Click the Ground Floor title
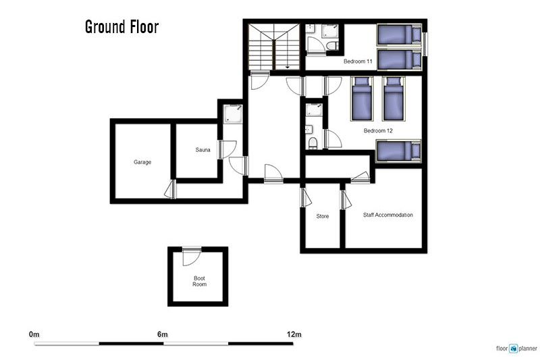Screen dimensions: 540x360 (122, 27)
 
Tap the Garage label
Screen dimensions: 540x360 (142, 162)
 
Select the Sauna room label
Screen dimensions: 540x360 (202, 150)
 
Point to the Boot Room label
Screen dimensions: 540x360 (199, 281)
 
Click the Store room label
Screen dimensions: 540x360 (323, 216)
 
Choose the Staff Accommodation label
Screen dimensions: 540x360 (387, 215)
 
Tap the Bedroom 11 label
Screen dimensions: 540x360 (358, 61)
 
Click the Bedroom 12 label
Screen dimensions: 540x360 (378, 130)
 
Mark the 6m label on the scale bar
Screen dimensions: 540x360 (163, 334)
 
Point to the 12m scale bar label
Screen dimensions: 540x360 (294, 334)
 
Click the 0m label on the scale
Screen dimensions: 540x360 (34, 334)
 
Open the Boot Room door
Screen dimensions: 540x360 (191, 256)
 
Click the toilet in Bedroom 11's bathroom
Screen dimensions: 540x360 (333, 45)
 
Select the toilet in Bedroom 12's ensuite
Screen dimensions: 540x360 (313, 143)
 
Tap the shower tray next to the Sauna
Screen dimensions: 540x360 (233, 114)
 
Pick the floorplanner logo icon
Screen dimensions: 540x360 (513, 349)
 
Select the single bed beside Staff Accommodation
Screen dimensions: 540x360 (399, 151)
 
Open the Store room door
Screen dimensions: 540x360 (306, 197)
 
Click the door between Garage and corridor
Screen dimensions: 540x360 (171, 190)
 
